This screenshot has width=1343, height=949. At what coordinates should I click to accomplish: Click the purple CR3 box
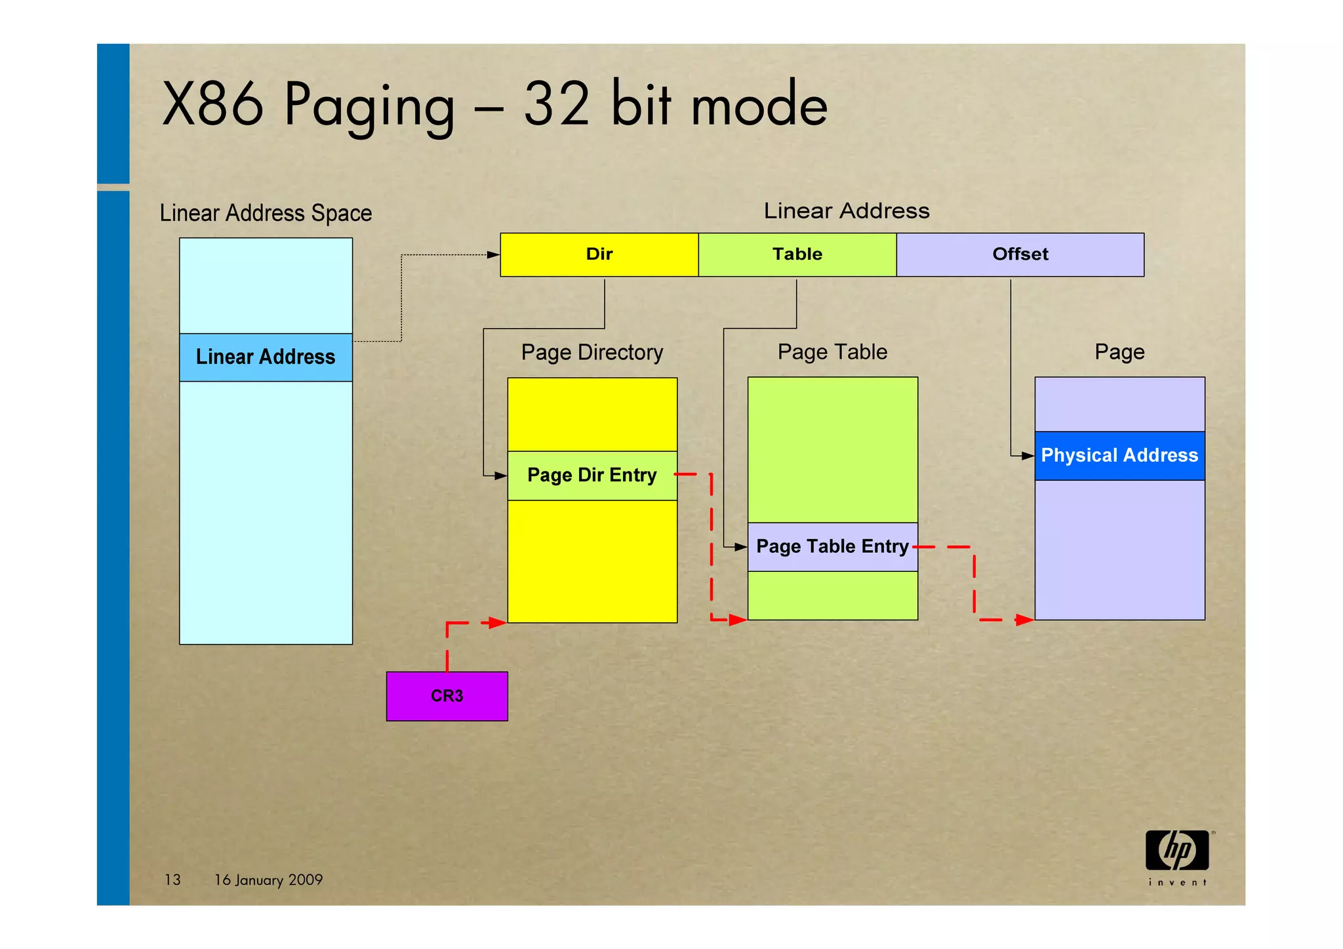pos(447,696)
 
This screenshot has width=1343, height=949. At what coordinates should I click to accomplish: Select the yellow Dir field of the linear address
pos(599,254)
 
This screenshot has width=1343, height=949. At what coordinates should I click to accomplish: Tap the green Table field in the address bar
pos(797,254)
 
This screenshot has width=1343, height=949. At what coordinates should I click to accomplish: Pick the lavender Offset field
pos(1020,254)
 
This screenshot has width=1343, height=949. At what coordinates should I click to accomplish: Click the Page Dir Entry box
pos(592,475)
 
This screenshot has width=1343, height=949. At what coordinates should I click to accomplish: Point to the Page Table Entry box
pos(832,546)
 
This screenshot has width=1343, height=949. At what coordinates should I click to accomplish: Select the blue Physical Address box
pos(1119,456)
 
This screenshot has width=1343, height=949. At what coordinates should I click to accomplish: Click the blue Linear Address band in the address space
pos(266,357)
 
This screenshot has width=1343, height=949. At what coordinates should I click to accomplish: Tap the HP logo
pos(1178,851)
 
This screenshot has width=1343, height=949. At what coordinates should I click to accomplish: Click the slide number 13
pos(172,879)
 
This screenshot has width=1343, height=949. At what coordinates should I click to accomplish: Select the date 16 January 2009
pos(269,879)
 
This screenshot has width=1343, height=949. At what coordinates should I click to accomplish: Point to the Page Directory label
pos(592,353)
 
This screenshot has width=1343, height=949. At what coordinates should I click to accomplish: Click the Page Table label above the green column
pos(832,352)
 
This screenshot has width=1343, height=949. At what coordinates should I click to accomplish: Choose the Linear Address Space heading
pos(266,213)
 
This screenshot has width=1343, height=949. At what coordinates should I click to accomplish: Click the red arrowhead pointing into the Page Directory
pos(497,622)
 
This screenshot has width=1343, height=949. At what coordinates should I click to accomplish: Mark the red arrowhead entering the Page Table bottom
pos(738,619)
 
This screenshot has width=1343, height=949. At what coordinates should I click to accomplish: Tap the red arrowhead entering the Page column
pos(1024,620)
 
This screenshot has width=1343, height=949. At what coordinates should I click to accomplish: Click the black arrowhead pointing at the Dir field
pos(494,254)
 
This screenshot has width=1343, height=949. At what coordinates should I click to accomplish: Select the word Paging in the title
pos(369,105)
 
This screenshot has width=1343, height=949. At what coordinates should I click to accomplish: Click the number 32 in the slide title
pos(557,105)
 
